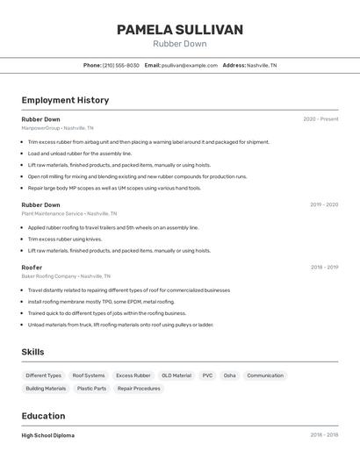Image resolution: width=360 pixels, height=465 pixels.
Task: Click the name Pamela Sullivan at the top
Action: tap(180, 30)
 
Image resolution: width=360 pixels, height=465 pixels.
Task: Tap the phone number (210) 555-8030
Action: tap(120, 65)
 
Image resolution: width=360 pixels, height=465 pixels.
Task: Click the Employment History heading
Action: tap(65, 100)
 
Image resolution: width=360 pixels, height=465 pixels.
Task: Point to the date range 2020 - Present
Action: tap(320, 119)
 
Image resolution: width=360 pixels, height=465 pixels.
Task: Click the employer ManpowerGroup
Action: tap(40, 128)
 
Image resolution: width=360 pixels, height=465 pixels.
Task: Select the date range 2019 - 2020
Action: tap(323, 204)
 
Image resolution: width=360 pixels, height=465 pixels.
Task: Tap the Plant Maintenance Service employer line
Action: tap(68, 213)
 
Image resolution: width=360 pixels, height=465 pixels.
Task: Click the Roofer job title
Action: tap(32, 268)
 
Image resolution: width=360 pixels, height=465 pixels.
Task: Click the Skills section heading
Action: tap(33, 352)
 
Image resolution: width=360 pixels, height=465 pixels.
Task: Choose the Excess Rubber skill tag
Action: tap(133, 376)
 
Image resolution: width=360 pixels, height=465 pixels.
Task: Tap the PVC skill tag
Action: tap(207, 376)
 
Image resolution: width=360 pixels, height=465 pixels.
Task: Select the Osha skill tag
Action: tap(230, 376)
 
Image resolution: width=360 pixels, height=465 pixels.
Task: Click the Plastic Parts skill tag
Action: tap(91, 388)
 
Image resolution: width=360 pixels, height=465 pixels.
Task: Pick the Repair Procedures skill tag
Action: tap(139, 388)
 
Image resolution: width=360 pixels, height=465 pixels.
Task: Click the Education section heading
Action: tap(43, 416)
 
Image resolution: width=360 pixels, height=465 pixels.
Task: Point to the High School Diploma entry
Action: tap(48, 435)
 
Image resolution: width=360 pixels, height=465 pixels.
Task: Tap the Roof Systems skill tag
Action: tap(89, 376)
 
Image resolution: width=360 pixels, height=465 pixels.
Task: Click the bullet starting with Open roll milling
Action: tap(137, 176)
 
